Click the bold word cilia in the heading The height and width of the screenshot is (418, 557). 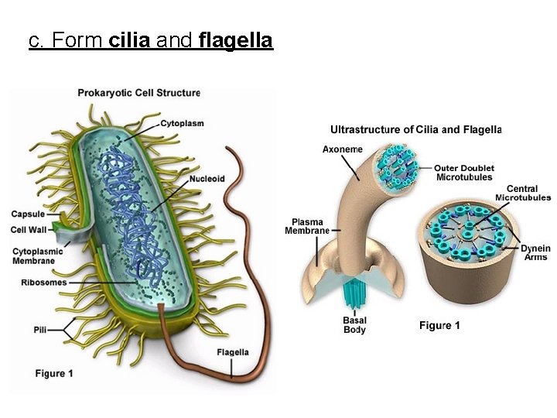[x=130, y=40]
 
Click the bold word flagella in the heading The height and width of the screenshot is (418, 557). [x=236, y=41]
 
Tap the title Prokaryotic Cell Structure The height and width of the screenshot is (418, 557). [x=138, y=93]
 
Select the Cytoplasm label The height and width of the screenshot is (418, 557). [x=183, y=123]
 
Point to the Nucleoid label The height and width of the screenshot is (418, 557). [x=207, y=180]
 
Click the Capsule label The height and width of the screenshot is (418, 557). [x=28, y=214]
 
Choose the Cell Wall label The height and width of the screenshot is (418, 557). [x=29, y=229]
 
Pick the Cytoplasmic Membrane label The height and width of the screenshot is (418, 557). [x=34, y=256]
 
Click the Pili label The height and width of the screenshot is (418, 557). [x=40, y=330]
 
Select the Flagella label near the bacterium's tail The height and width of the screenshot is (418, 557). [x=232, y=352]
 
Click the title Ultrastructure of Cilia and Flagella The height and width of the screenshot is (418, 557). [x=416, y=129]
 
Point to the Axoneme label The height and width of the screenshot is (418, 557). [x=342, y=149]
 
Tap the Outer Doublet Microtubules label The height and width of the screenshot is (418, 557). [x=464, y=173]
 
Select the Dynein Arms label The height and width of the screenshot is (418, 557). [x=535, y=253]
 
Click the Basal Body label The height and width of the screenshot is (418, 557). [x=354, y=325]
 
